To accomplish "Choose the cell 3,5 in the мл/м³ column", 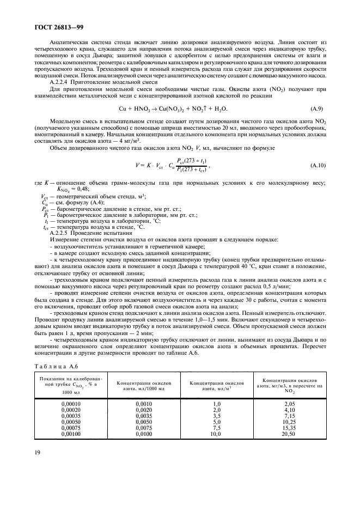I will tap(216, 416).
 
